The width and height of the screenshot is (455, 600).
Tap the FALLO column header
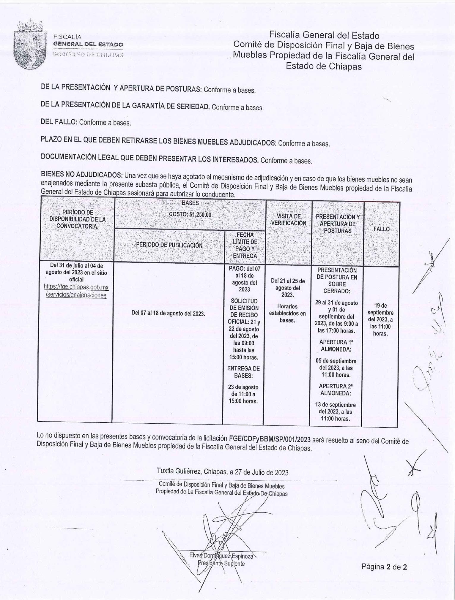381,229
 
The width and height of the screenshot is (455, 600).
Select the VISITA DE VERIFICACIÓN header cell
289,220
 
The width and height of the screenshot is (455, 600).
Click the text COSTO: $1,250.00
190,215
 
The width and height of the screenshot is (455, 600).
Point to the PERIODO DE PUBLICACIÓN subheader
169,245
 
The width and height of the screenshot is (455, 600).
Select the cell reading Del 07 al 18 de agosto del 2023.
168,314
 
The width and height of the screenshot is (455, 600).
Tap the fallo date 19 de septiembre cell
380,319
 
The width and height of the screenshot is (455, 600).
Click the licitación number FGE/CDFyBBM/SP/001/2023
270,439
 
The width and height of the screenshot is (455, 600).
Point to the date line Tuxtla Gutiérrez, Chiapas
222,472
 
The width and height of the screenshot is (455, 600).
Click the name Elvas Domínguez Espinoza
221,556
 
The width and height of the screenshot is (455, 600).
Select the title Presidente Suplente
221,563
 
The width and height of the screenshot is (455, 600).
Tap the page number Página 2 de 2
384,567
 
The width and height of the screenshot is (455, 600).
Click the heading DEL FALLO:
59,122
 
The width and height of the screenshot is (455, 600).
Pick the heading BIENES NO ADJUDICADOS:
81,174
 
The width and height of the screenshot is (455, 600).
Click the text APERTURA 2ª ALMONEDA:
336,390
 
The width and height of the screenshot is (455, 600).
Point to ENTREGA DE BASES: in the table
243,372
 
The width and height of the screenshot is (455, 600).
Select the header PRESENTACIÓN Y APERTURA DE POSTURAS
338,224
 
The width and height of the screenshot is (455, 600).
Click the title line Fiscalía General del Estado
324,36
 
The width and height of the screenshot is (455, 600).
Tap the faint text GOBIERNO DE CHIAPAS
88,55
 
